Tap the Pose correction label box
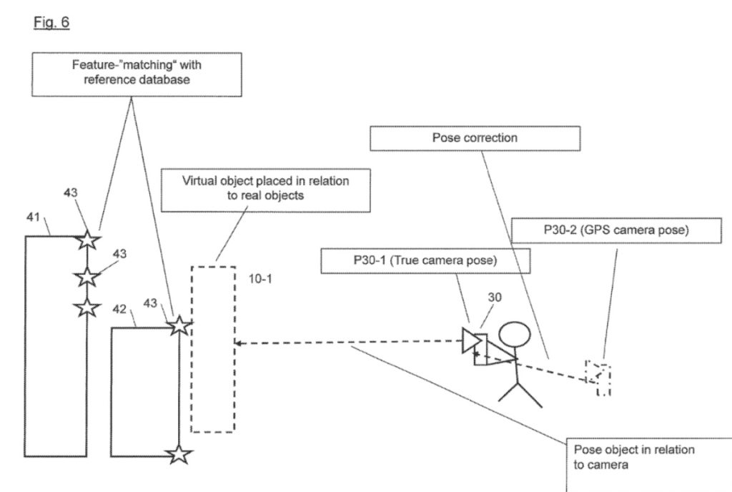click(475, 138)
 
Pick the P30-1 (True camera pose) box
click(427, 261)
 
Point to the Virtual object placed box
click(266, 190)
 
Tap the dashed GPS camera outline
click(598, 378)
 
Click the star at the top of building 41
click(86, 240)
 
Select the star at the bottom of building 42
click(179, 453)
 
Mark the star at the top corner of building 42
click(179, 326)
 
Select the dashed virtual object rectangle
click(212, 349)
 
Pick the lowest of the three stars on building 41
click(86, 307)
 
